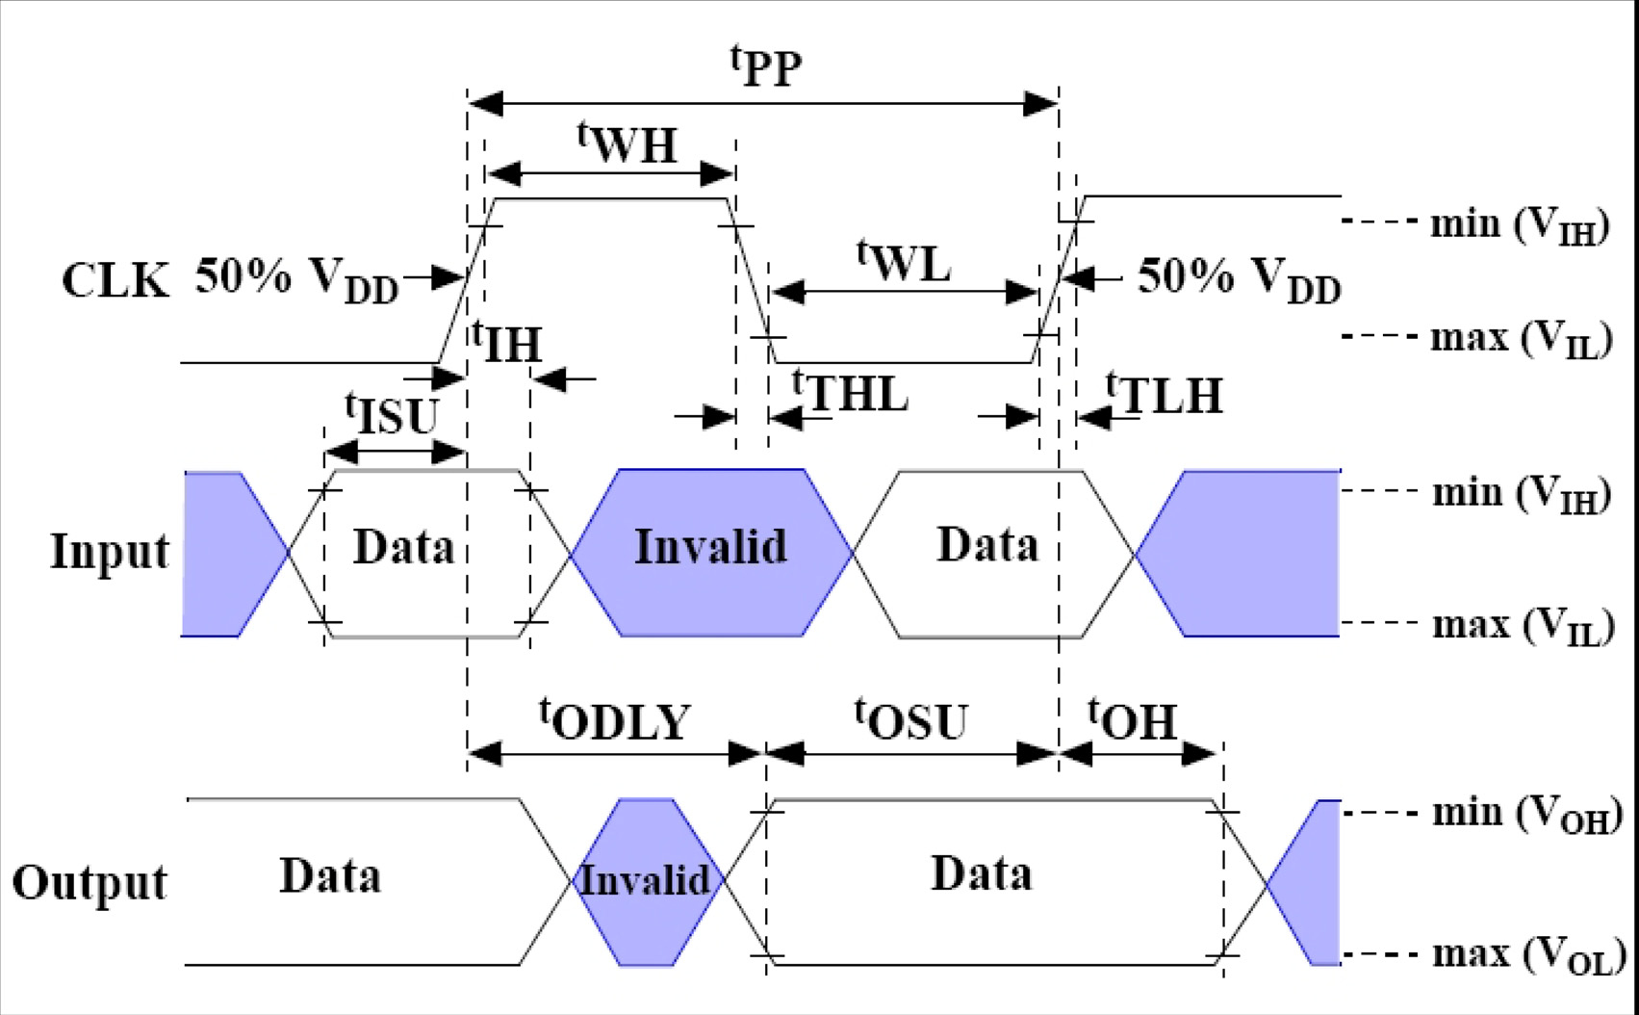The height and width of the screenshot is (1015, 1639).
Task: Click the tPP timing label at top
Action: pyautogui.click(x=766, y=66)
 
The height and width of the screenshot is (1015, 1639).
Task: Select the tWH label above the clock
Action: pyautogui.click(x=627, y=143)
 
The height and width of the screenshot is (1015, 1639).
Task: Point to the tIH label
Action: pyautogui.click(x=507, y=343)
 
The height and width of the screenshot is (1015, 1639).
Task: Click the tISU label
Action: pyautogui.click(x=392, y=414)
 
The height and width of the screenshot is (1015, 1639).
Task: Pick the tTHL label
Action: pyautogui.click(x=850, y=392)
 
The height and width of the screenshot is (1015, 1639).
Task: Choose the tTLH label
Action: pyautogui.click(x=1165, y=394)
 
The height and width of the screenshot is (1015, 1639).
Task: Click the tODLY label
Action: pyautogui.click(x=615, y=719)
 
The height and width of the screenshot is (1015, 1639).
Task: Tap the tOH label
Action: pyautogui.click(x=1133, y=719)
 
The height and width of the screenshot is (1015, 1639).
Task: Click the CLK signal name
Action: pyautogui.click(x=115, y=281)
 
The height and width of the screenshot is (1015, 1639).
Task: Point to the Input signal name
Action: pyautogui.click(x=109, y=552)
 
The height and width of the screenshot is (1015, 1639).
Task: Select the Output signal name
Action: pyautogui.click(x=90, y=882)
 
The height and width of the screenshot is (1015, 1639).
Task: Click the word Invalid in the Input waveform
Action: pyautogui.click(x=710, y=547)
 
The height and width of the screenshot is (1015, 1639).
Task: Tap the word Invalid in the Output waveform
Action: pyautogui.click(x=644, y=880)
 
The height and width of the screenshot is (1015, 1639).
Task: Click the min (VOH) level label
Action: pyautogui.click(x=1526, y=814)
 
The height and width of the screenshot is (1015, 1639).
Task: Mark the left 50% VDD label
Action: pyautogui.click(x=296, y=279)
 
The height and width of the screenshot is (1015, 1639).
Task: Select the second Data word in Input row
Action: pyautogui.click(x=987, y=545)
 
